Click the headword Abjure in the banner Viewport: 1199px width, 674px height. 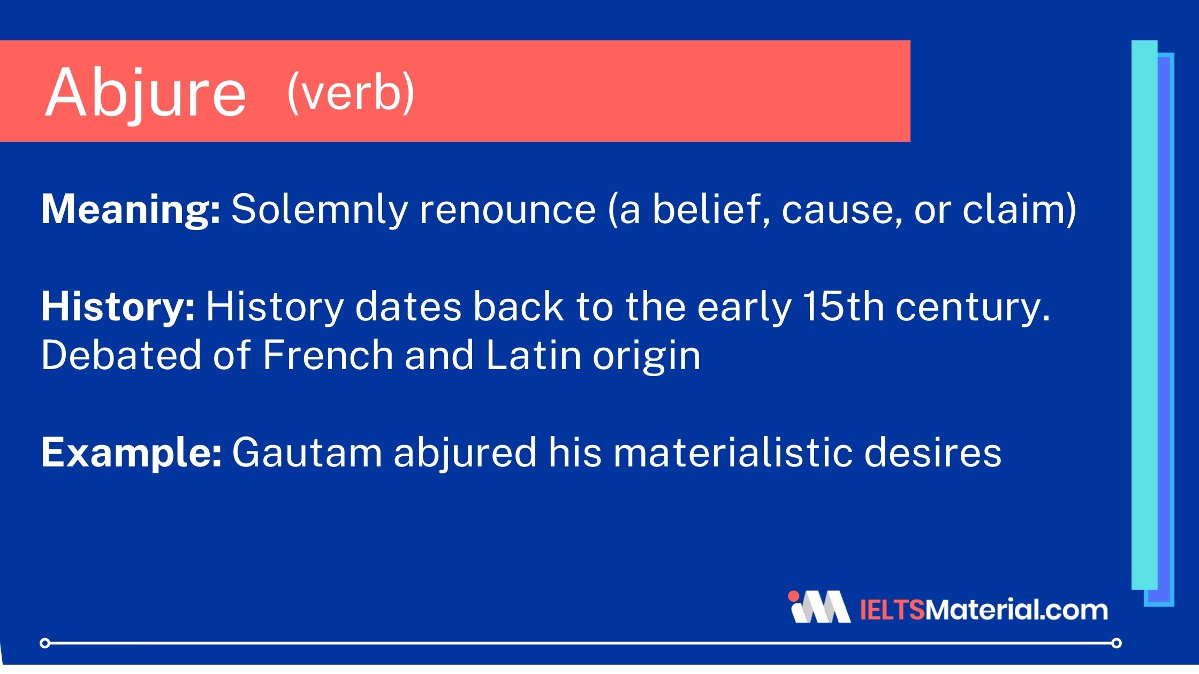[x=146, y=94]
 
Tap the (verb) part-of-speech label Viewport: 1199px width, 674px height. [x=351, y=92]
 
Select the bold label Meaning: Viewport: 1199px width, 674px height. [x=131, y=210]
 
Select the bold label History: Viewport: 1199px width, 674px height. [x=118, y=308]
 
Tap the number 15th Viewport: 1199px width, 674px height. [x=843, y=307]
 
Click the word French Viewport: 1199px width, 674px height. [x=328, y=355]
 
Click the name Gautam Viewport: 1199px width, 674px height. [x=307, y=453]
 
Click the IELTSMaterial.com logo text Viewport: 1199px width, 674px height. [x=984, y=610]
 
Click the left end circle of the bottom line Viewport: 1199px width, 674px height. [x=45, y=642]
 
